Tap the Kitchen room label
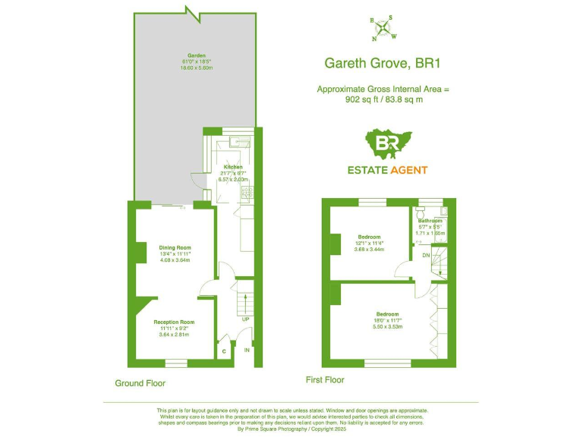[232, 167]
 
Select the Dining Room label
[175, 248]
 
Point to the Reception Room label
[174, 322]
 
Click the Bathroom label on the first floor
[430, 221]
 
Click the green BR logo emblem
[387, 145]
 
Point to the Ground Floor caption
[140, 383]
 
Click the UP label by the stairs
[245, 319]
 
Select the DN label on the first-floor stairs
[426, 256]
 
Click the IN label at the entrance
[247, 351]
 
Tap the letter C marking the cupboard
[224, 351]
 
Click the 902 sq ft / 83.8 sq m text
[383, 99]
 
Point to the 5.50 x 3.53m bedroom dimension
[387, 326]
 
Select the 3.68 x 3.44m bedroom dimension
[370, 250]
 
